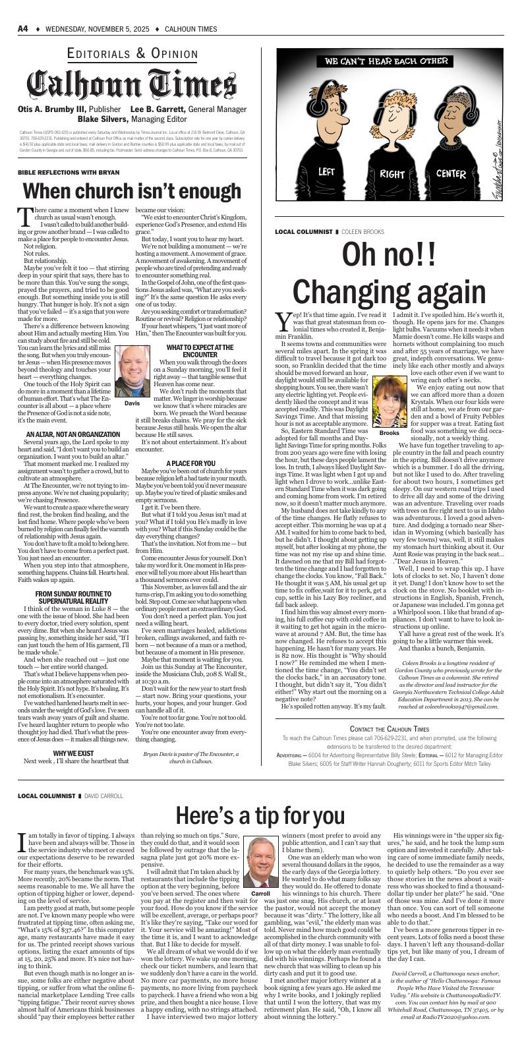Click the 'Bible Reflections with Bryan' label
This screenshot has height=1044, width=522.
coord(59,173)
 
